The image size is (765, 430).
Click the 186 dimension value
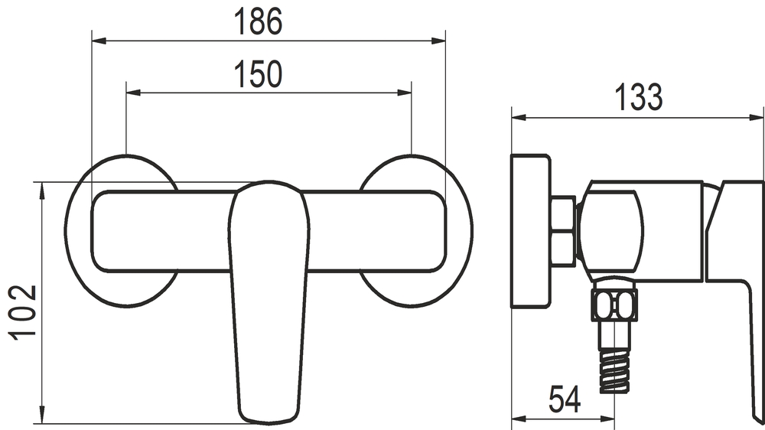tap(258, 22)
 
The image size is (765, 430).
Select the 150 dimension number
tap(259, 75)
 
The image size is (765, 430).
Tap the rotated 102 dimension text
tap(22, 312)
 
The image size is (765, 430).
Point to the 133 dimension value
tap(639, 98)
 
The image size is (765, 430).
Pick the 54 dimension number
tap(565, 399)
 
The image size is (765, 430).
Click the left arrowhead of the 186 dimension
tap(99, 41)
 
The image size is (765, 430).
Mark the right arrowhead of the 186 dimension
tap(438, 41)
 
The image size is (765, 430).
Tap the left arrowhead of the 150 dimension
tap(133, 93)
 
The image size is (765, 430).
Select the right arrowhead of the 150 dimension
tap(405, 93)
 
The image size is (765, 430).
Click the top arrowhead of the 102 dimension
tap(42, 190)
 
